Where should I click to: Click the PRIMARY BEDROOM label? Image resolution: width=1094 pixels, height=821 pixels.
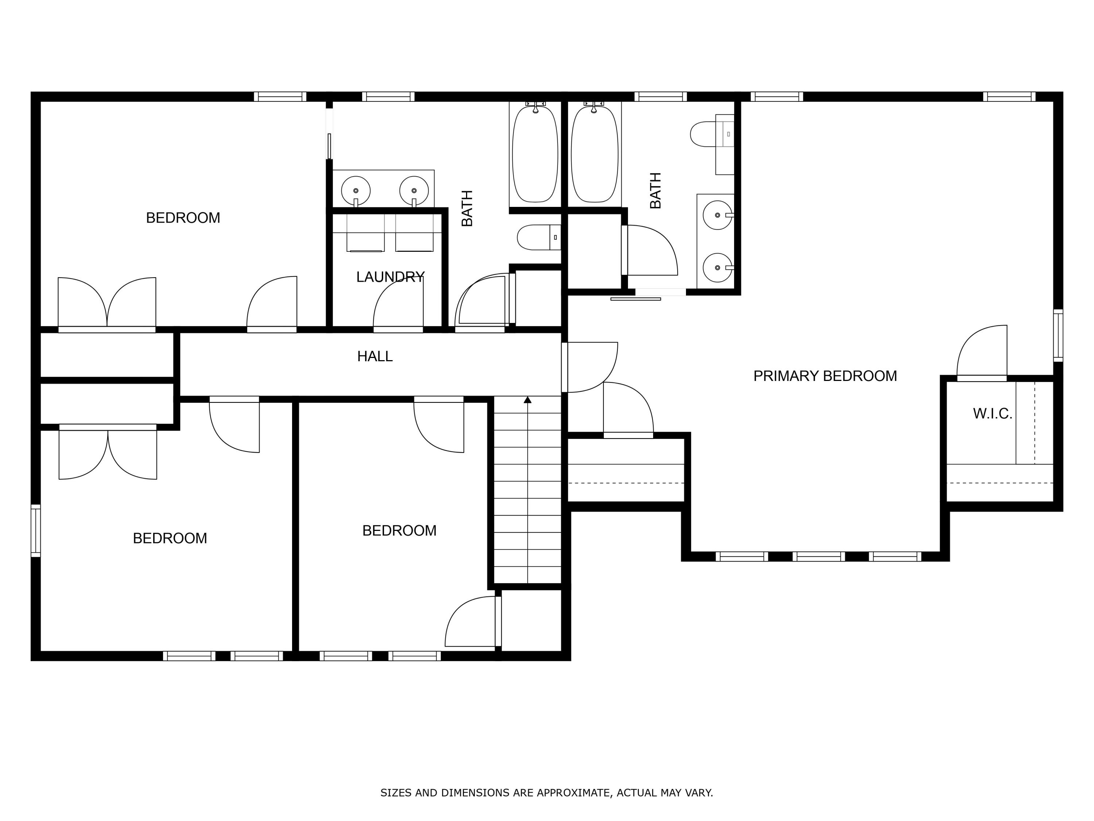[825, 376]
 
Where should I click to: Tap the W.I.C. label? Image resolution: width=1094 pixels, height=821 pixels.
[992, 414]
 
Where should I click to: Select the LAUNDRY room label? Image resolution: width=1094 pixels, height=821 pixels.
[390, 277]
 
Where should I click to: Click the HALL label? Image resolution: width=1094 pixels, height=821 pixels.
[375, 356]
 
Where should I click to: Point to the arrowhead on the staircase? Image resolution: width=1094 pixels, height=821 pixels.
[528, 400]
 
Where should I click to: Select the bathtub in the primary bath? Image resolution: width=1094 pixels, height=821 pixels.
[594, 154]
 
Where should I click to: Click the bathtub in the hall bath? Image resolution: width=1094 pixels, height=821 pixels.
[535, 154]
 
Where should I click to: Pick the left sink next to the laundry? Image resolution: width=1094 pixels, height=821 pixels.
[356, 190]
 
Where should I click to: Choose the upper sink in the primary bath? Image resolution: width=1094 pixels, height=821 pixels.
[718, 215]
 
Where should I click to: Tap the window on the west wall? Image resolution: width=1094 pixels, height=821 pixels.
[36, 531]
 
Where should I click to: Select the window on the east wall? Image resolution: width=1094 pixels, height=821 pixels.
[1058, 336]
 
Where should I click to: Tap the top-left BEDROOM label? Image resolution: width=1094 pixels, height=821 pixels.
[183, 218]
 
